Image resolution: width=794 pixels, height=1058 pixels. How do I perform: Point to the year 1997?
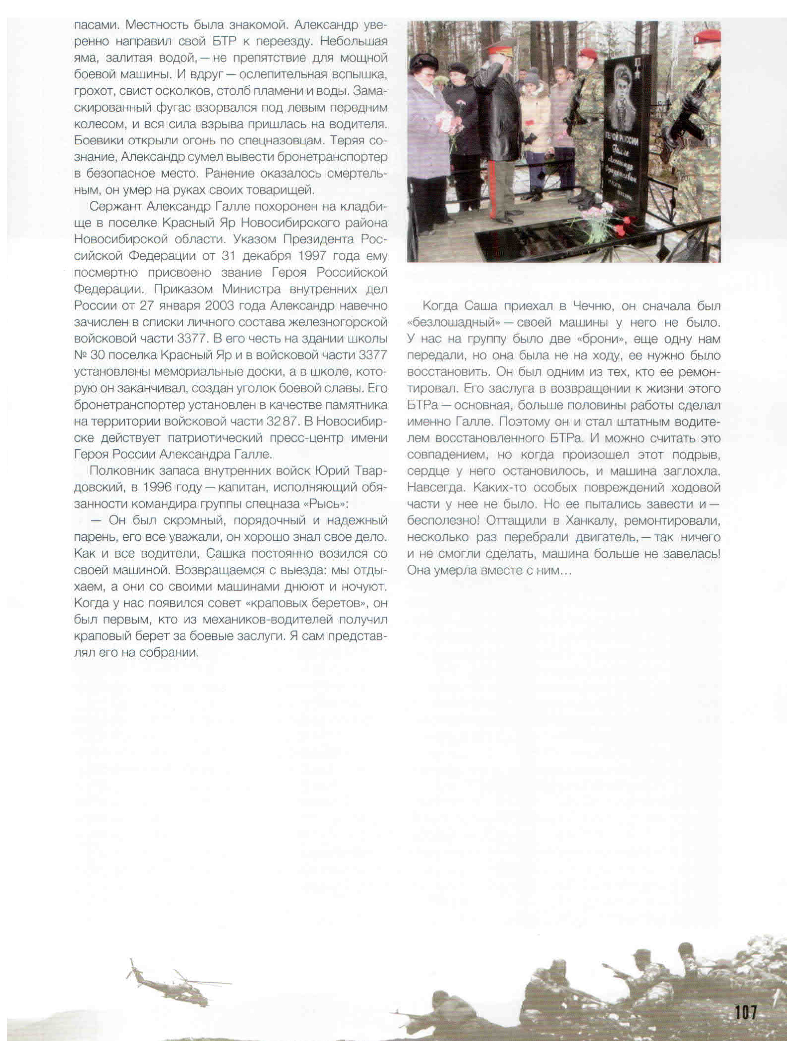[312, 256]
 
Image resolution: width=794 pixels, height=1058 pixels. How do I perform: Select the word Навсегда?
[436, 488]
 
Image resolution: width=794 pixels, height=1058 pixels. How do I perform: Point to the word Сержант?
[115, 207]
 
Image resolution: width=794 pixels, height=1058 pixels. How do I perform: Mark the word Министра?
[251, 289]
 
